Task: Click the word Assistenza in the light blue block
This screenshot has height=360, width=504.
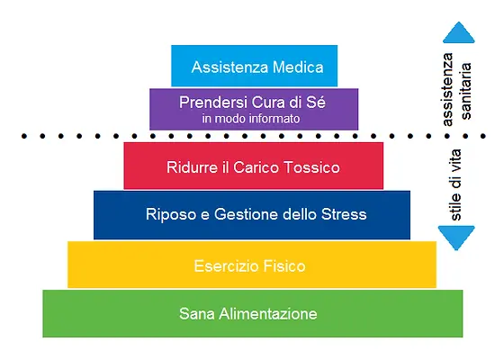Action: point(229,67)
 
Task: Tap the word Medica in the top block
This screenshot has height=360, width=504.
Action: point(298,67)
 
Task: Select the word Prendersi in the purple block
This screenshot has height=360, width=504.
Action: point(213,103)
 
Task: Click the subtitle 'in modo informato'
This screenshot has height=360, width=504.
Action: point(251,119)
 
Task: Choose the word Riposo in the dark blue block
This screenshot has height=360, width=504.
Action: point(171,214)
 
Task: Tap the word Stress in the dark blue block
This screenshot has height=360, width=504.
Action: point(344,214)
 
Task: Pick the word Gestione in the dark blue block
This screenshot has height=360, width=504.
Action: point(246,214)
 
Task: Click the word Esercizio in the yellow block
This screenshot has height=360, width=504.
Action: point(226,266)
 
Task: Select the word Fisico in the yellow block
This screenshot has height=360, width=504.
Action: point(284,266)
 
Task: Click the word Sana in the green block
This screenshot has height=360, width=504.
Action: point(197,314)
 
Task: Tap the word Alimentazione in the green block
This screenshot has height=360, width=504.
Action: point(268,314)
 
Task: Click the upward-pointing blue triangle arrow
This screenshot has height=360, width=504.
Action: point(459,33)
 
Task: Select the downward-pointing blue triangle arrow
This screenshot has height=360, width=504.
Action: point(456,237)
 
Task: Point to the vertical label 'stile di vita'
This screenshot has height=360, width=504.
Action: point(455,184)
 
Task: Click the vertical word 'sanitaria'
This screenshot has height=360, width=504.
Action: point(466,91)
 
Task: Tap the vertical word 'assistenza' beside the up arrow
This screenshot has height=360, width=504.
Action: point(447,89)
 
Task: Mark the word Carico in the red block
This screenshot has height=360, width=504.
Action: point(256,167)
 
